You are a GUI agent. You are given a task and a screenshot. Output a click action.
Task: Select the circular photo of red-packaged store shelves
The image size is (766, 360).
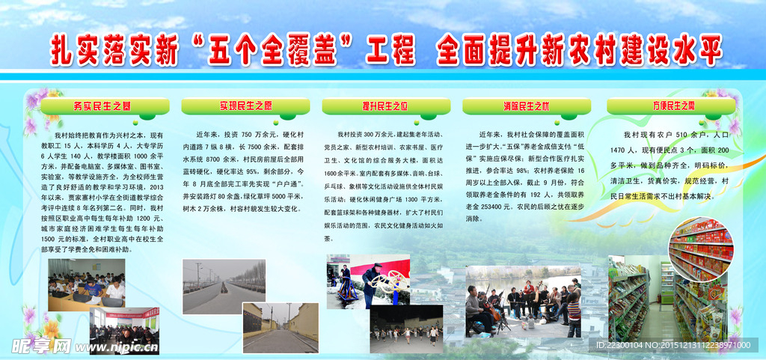coord(702,251)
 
